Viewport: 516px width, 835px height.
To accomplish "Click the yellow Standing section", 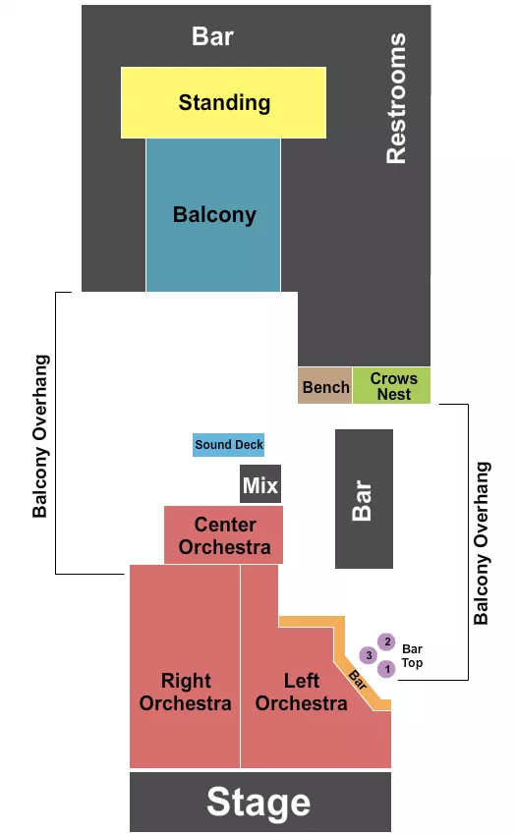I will point(223,102).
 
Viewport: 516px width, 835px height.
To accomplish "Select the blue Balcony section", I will point(213,214).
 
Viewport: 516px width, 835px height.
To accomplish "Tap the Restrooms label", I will point(395,98).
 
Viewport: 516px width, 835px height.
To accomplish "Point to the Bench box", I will point(325,387).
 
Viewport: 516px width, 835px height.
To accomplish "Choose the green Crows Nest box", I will point(393,386).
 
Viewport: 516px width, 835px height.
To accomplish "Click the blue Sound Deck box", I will point(228,445).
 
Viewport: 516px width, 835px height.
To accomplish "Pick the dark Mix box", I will point(260,485).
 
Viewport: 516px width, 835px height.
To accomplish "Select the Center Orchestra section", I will point(224,535).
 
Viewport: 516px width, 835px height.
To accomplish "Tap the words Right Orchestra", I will point(185,692).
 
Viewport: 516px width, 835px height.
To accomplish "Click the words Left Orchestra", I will point(302,692).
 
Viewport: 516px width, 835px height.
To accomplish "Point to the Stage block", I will point(259,803).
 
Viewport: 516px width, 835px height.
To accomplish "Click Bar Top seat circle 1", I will point(386,669).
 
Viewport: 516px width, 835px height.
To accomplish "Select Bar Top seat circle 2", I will point(386,642).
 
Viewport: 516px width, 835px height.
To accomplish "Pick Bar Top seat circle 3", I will point(369,655).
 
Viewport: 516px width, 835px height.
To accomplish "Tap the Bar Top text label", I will point(412,655).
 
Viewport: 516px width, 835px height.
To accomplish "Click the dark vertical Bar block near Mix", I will point(364,499).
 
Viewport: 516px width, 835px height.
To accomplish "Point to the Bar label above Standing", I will point(212,36).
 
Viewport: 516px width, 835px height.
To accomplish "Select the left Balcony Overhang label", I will point(40,435).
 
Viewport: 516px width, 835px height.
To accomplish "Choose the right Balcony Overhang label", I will point(482,542).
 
